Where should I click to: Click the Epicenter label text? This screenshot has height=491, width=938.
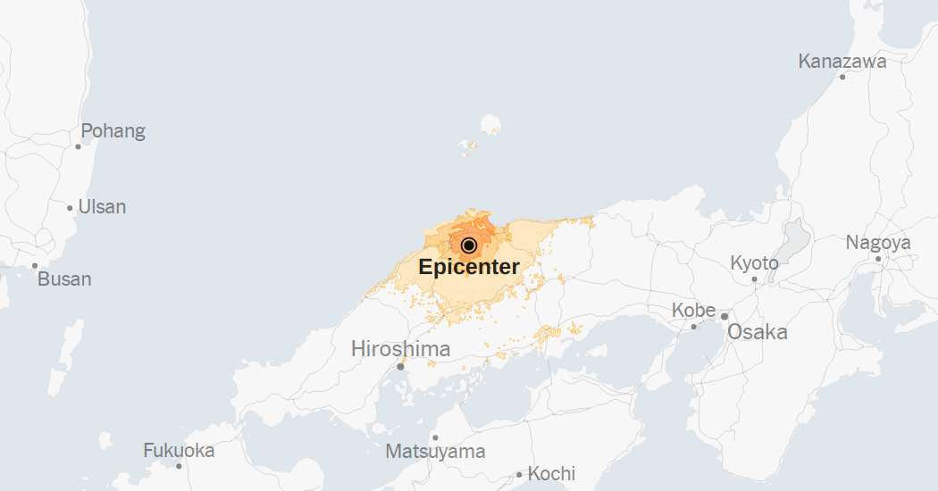[469, 266]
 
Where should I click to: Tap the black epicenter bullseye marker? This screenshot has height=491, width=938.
[469, 245]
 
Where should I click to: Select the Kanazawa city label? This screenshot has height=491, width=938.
[842, 62]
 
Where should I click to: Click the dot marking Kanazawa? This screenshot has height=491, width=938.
[842, 77]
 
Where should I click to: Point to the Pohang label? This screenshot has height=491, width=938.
[113, 131]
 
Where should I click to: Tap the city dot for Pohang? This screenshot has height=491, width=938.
[79, 146]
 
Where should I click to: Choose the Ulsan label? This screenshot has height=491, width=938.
[102, 207]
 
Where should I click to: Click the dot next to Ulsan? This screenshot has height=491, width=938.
[71, 208]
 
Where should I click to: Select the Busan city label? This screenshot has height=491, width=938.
[64, 279]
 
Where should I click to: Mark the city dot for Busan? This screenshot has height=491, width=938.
[35, 265]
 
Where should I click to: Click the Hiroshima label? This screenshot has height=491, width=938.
[401, 348]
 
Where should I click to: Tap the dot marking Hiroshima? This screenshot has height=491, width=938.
[401, 366]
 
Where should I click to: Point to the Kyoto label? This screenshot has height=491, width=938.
[755, 263]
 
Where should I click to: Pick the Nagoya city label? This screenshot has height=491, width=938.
[878, 243]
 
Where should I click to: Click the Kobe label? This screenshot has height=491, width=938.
[694, 311]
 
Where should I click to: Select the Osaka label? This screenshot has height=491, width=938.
[758, 332]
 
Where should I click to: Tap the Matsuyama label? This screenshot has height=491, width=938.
[435, 452]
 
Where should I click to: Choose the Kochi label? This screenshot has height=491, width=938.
[551, 473]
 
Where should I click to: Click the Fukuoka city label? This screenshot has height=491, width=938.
[179, 451]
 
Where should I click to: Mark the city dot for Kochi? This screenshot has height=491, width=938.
[519, 474]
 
